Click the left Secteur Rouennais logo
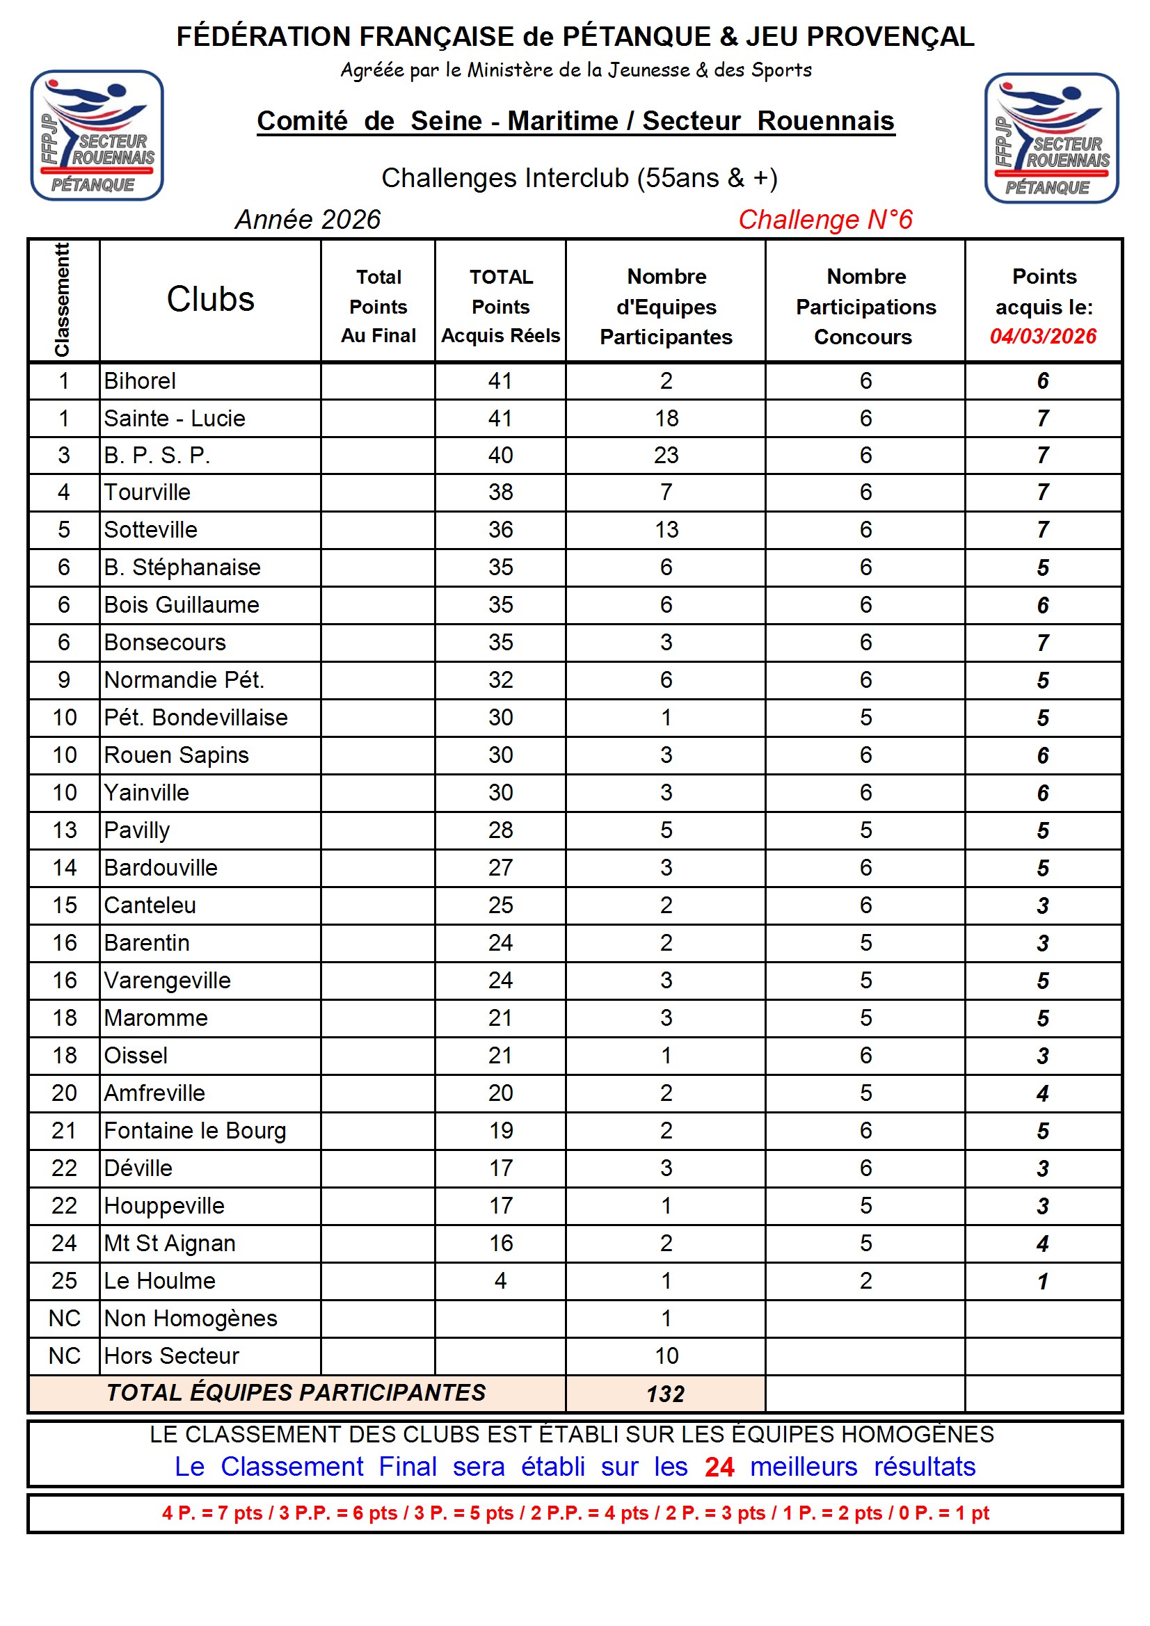[x=97, y=135]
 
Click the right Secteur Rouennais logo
[x=1051, y=138]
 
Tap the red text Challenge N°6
[x=825, y=220]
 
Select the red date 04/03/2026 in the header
[x=1042, y=337]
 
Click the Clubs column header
[x=210, y=300]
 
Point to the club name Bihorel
[x=140, y=381]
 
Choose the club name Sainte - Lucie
[x=175, y=419]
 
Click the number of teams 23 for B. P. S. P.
[x=666, y=456]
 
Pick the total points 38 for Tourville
[x=500, y=492]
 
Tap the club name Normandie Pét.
[x=184, y=680]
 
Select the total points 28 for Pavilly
[x=500, y=830]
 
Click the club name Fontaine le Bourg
[x=195, y=1130]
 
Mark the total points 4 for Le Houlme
[x=500, y=1280]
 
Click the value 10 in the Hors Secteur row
[x=666, y=1355]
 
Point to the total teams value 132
[x=665, y=1394]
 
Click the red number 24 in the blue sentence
[x=719, y=1467]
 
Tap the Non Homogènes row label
[x=191, y=1318]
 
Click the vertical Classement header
[x=63, y=300]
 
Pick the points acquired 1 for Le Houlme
[x=1042, y=1281]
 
